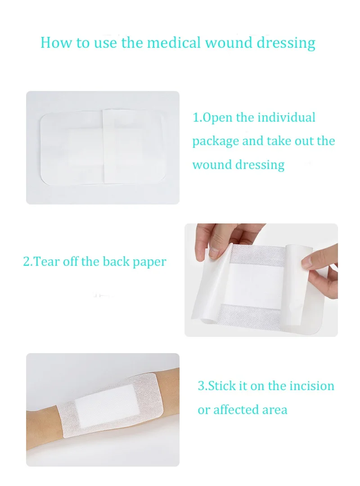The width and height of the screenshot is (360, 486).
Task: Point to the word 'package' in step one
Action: [x=216, y=142]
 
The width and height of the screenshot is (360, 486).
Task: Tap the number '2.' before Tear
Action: [x=28, y=262]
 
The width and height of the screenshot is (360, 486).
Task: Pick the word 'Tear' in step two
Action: [x=47, y=262]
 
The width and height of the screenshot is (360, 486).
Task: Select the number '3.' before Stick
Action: [x=203, y=386]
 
